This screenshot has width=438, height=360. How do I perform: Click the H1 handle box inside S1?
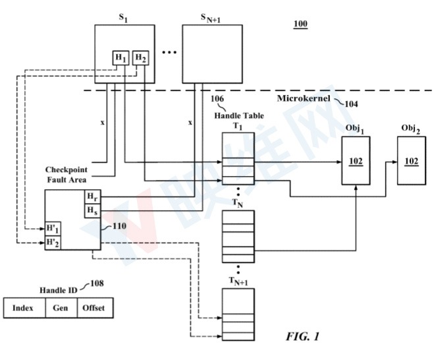[121, 58]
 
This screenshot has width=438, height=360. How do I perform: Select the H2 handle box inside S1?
[140, 58]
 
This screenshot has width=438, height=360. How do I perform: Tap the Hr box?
[92, 197]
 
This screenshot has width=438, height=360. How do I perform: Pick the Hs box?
[92, 211]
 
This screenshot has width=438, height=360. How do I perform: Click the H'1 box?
[53, 229]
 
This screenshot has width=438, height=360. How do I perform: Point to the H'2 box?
[53, 243]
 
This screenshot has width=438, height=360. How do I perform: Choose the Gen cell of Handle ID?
[61, 308]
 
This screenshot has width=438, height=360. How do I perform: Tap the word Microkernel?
[304, 98]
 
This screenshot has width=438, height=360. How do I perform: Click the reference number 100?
[300, 24]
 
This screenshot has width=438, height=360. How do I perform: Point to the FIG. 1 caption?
[302, 336]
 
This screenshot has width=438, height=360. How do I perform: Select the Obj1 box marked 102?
[356, 161]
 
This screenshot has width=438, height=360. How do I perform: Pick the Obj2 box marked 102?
[412, 161]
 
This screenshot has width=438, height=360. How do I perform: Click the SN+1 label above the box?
[210, 18]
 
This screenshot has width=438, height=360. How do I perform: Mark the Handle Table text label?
[239, 115]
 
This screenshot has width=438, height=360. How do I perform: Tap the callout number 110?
[119, 225]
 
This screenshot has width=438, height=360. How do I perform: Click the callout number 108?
[97, 284]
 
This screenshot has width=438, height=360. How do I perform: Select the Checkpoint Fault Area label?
[67, 175]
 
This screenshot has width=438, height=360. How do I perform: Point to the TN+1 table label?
[238, 281]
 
